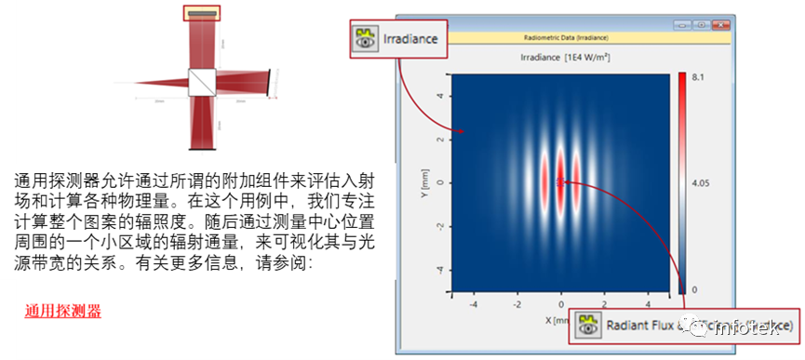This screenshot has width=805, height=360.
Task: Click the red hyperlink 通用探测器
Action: point(63,312)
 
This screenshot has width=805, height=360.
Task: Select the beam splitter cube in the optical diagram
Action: point(201,82)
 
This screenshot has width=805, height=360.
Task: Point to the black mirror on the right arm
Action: point(271,82)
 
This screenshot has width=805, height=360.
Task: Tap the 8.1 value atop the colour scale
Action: point(696,78)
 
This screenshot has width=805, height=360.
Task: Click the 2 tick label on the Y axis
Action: point(439,139)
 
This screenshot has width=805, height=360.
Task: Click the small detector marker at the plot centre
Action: point(561,182)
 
